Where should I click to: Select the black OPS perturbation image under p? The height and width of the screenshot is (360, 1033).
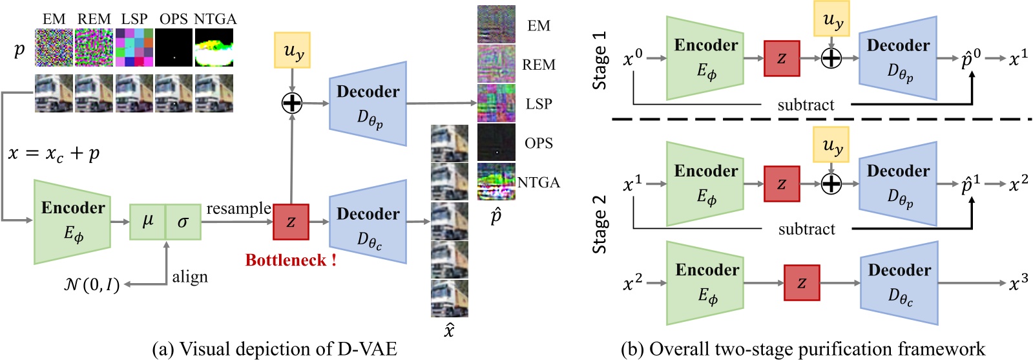pos(174,47)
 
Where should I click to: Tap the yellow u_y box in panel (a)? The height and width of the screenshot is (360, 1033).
pos(292,50)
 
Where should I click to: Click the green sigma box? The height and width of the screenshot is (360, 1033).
pos(183,222)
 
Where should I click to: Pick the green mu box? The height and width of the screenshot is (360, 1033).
pos(147,222)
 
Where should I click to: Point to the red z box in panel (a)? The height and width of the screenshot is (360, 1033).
pos(291,222)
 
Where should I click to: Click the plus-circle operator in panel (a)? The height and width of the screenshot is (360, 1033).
pos(292,102)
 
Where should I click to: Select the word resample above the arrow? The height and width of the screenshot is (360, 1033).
pos(238,208)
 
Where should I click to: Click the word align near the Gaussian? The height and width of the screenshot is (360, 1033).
pos(190,277)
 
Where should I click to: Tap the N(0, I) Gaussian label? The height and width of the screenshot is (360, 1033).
pos(92,284)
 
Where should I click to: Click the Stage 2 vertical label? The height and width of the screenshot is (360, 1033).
pos(600,230)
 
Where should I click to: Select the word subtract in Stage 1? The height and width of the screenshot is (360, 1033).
pos(806,105)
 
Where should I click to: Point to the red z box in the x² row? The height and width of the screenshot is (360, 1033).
pos(802,282)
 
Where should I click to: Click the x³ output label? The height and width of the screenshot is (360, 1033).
pos(1017,282)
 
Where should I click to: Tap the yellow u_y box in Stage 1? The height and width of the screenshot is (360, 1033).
pos(831,19)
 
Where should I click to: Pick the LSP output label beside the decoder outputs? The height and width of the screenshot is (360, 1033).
pos(538,104)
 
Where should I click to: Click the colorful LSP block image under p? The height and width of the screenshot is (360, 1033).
pos(134,47)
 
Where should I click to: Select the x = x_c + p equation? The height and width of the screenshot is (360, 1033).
pos(54,154)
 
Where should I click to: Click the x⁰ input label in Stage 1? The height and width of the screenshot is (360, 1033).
pos(632,59)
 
